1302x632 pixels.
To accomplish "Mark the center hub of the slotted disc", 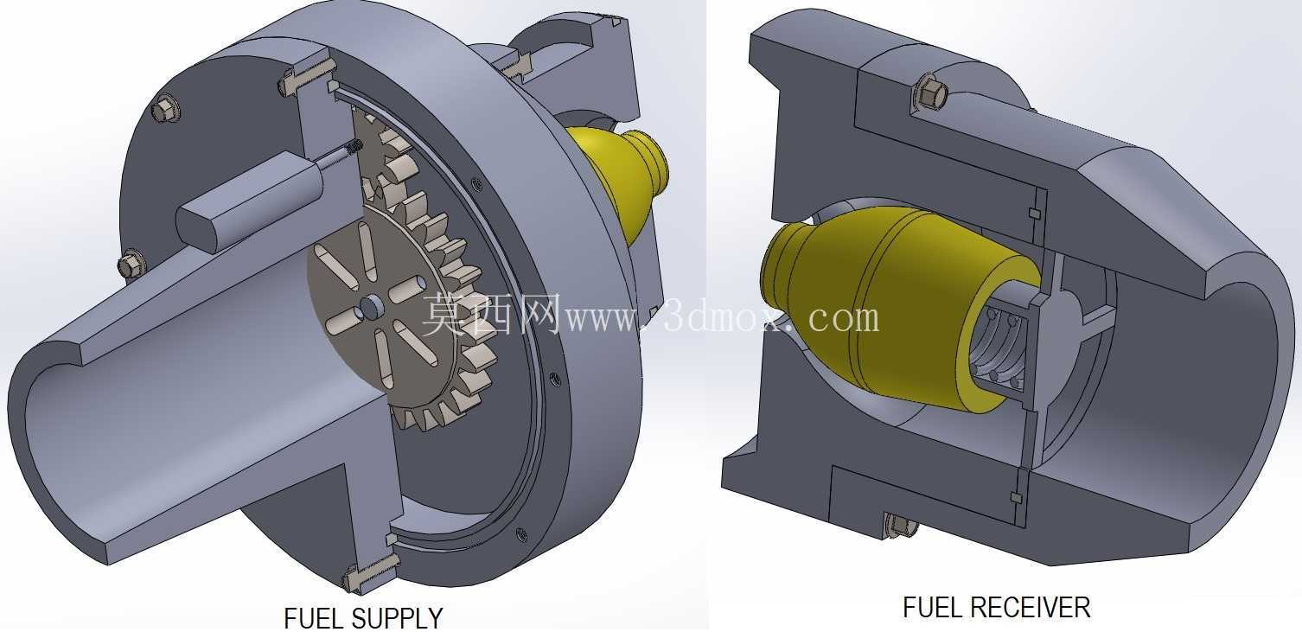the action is click(370, 306).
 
